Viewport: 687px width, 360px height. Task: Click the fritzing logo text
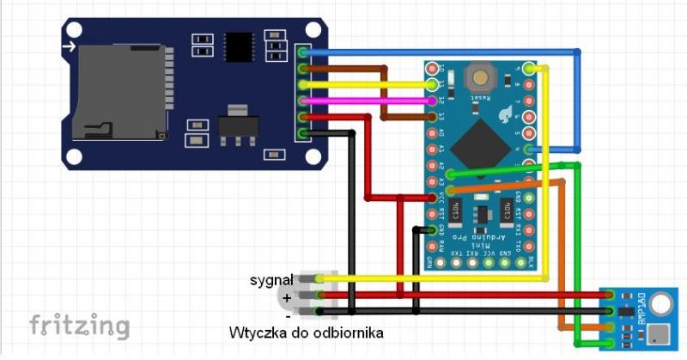[80, 326]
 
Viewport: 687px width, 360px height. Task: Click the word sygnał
[271, 279]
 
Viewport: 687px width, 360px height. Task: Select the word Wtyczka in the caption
[255, 333]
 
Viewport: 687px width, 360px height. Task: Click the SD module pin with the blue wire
[302, 52]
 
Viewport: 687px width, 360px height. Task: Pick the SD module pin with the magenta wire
[302, 101]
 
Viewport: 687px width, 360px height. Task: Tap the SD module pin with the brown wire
[302, 69]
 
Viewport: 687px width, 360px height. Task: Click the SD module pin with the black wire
[302, 133]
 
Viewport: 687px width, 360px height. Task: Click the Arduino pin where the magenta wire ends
[432, 101]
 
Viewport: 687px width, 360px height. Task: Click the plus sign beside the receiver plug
[287, 296]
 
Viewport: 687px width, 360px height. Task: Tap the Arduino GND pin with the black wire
[432, 230]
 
